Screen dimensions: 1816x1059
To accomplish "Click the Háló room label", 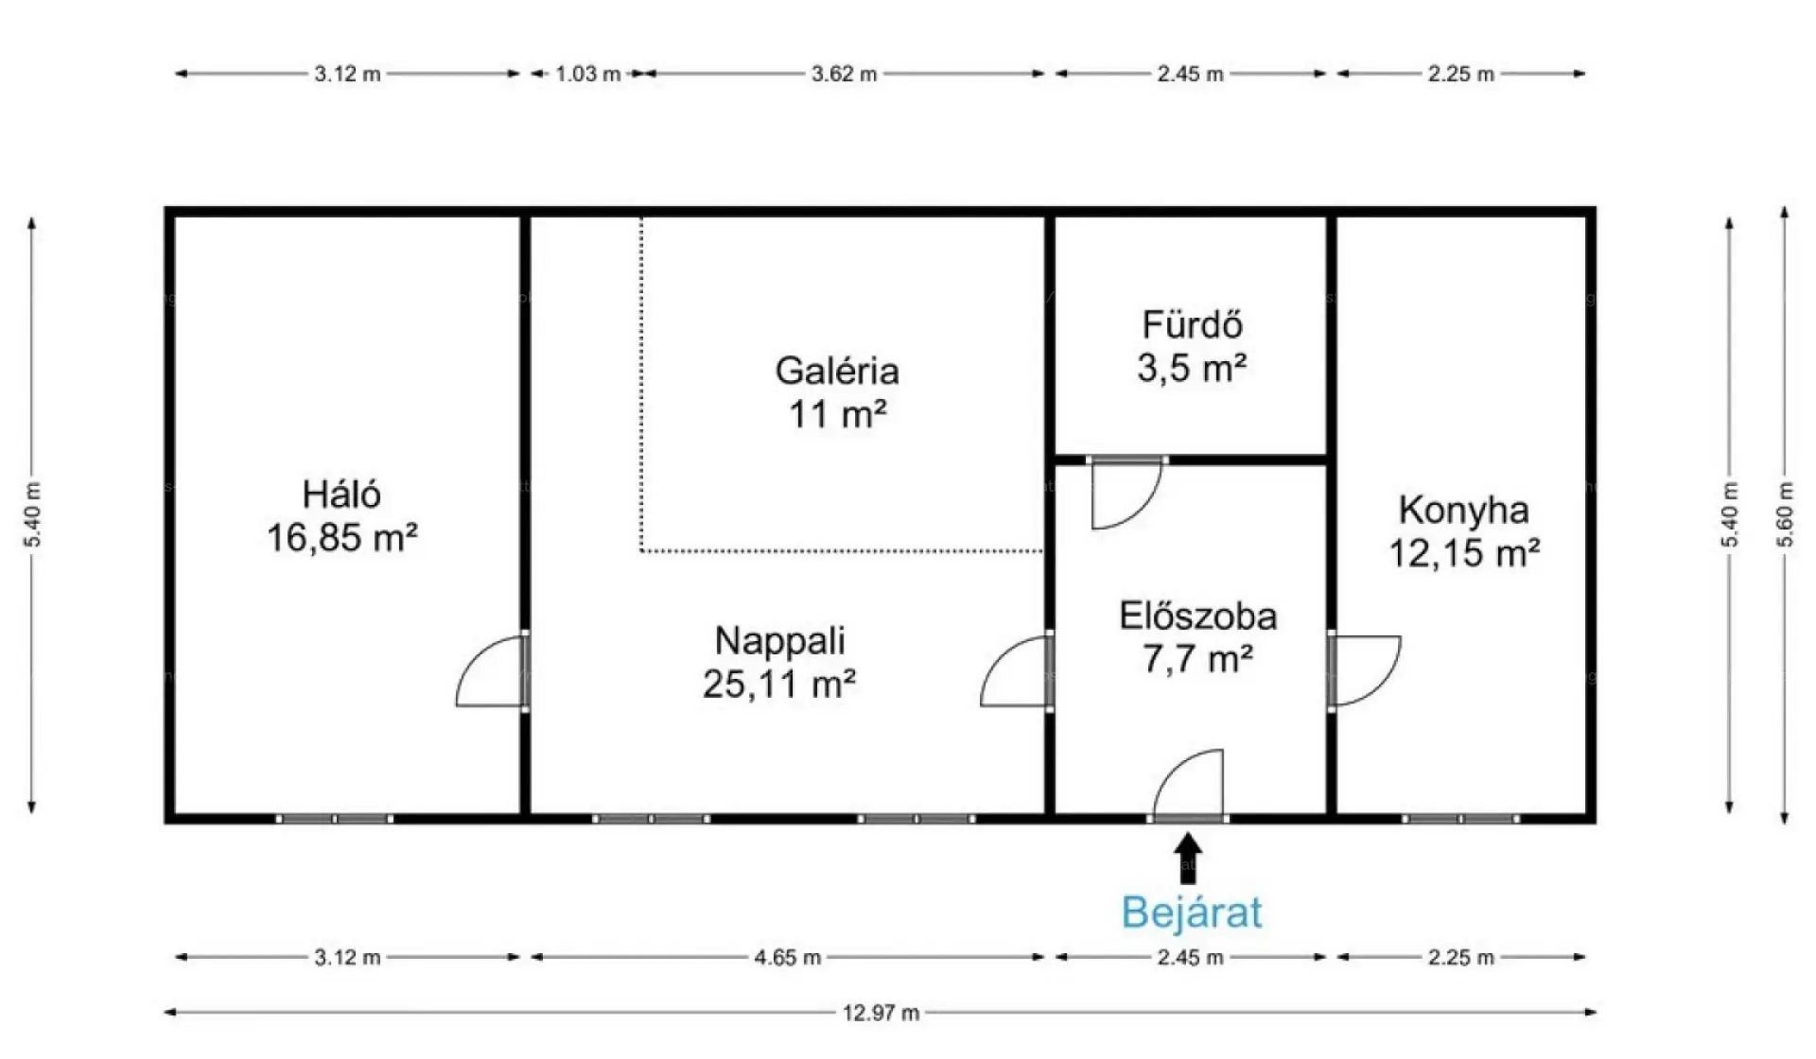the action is [341, 494].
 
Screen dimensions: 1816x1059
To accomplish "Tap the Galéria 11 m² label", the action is [837, 391].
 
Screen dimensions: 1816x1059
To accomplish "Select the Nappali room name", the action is [779, 640].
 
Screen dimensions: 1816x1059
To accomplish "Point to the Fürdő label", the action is [1192, 324].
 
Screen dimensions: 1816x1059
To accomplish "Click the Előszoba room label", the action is [1198, 616].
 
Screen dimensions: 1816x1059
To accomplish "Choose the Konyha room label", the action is [1463, 511].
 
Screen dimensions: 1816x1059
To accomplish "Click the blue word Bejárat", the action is [1191, 912].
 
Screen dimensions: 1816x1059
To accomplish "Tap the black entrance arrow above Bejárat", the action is [1189, 858].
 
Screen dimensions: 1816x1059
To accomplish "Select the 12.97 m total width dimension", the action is [881, 1013].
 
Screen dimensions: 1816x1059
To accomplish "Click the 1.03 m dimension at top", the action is [587, 74].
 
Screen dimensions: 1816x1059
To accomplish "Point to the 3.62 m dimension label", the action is [844, 74].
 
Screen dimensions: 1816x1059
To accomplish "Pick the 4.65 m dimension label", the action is [787, 957].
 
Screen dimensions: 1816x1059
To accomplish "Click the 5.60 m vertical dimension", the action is [1785, 514].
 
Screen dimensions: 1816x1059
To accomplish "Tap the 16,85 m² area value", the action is [341, 538].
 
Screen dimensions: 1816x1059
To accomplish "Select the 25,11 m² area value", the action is [779, 683].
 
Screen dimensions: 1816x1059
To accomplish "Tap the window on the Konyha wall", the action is [1461, 819].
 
